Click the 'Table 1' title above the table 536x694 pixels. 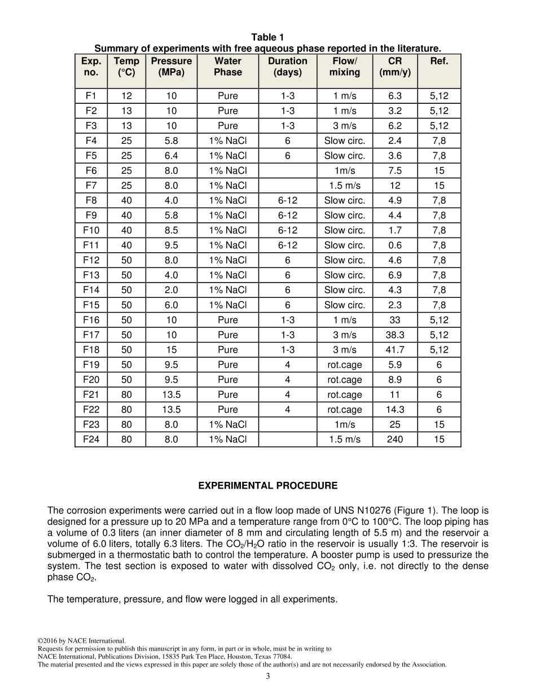(267, 37)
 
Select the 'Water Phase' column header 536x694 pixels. (228, 67)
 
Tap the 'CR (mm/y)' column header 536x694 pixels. (395, 67)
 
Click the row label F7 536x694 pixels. (91, 186)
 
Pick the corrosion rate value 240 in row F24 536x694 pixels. (395, 440)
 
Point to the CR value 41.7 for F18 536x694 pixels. (395, 350)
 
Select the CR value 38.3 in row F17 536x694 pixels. (395, 335)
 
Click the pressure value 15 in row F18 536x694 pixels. (172, 350)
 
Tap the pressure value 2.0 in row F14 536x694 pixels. (172, 290)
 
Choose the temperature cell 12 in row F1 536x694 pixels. (126, 96)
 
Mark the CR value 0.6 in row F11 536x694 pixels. (395, 245)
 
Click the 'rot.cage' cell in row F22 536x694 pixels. (345, 410)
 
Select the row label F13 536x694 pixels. (91, 275)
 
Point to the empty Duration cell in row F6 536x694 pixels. (288, 171)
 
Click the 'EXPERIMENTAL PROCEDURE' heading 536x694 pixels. (267, 486)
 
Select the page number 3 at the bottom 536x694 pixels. (267, 677)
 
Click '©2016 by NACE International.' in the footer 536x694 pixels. (81, 640)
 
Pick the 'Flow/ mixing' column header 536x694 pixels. (345, 67)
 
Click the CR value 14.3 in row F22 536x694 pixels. (395, 410)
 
